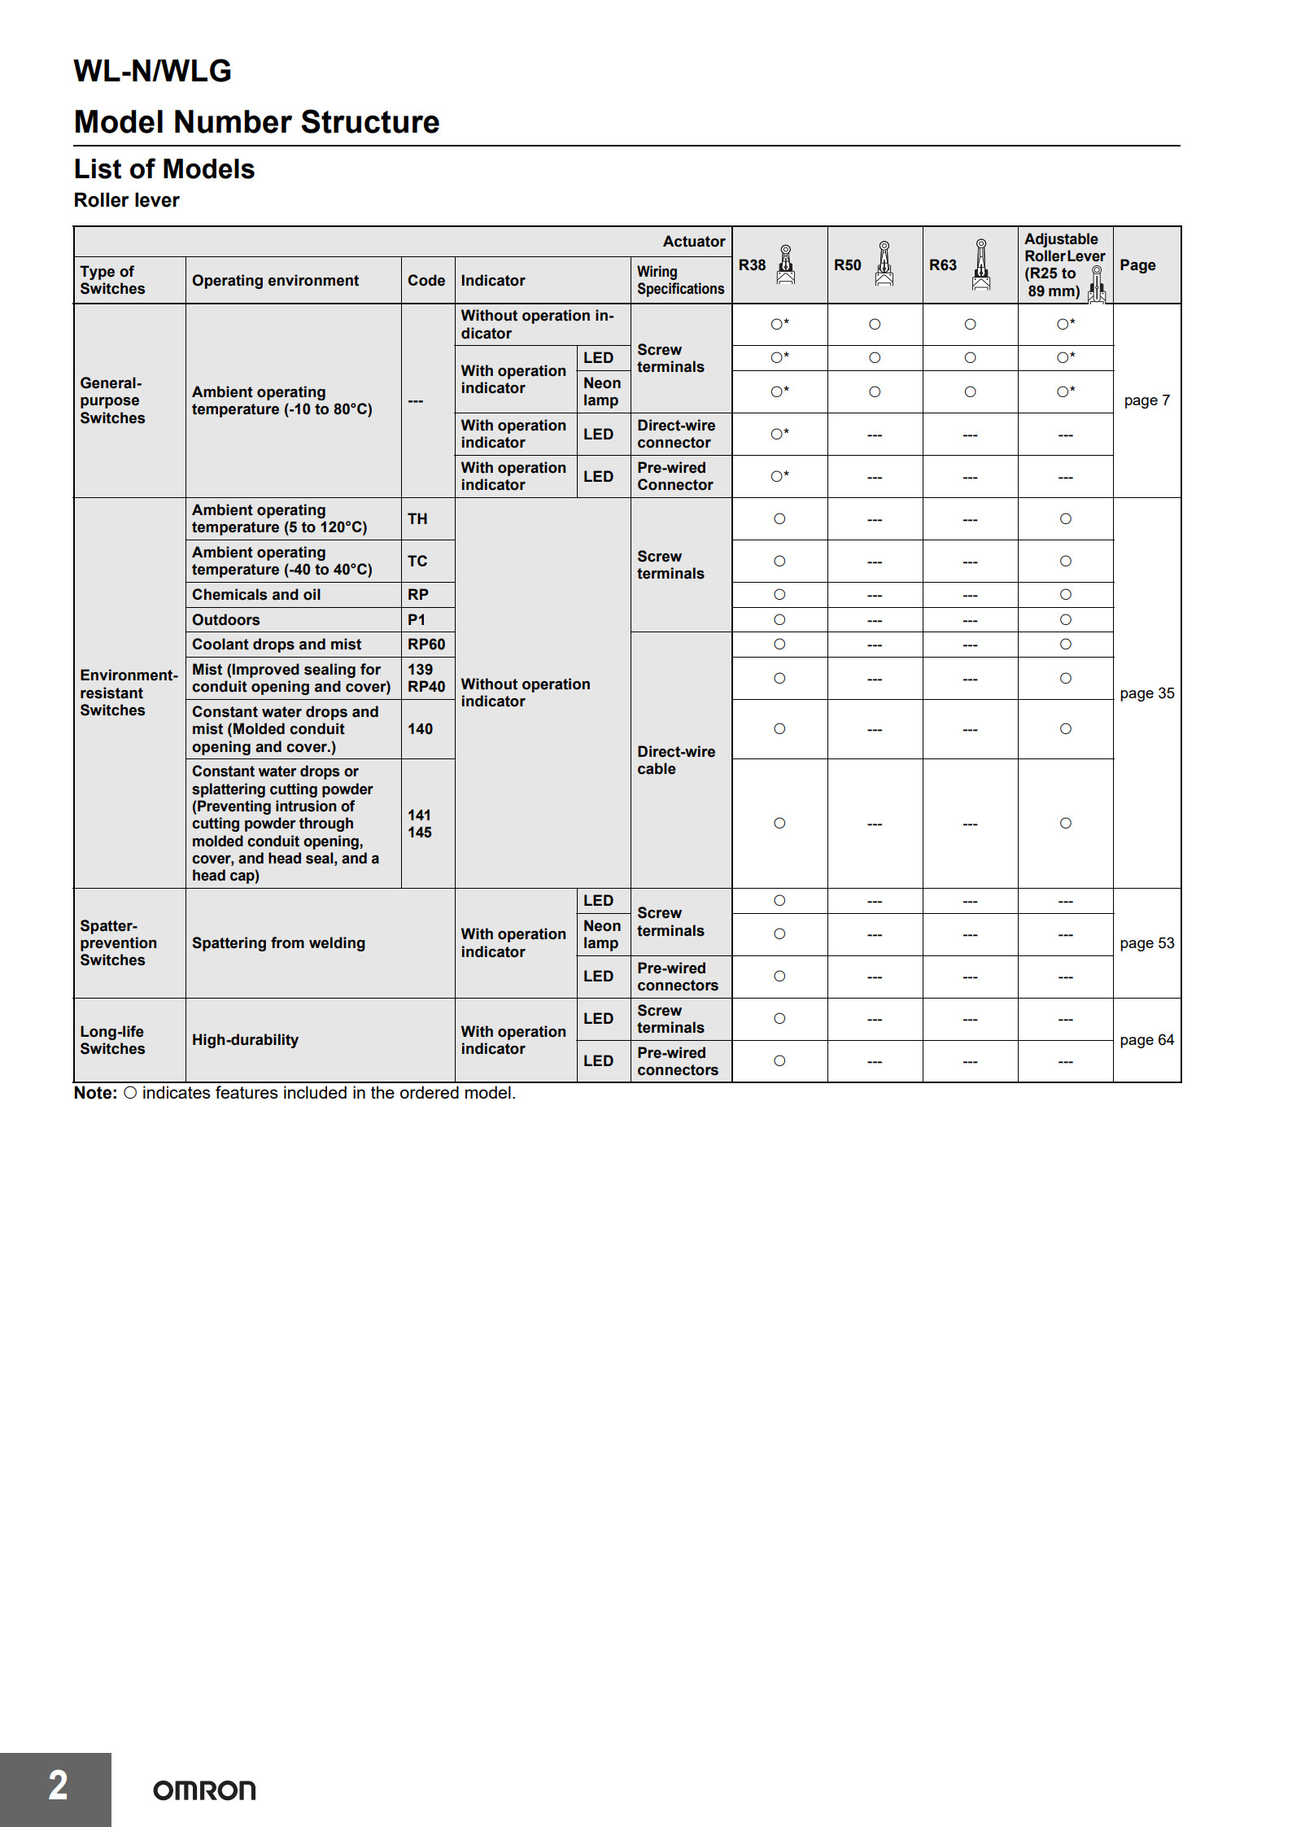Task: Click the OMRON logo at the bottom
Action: tap(204, 1790)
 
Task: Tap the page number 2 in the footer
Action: tap(58, 1785)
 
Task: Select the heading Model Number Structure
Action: tap(256, 122)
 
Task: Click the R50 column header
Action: tap(847, 265)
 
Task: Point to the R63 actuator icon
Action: tap(981, 265)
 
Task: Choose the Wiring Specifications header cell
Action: tap(680, 280)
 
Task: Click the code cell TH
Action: tap(417, 519)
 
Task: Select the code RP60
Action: tap(426, 645)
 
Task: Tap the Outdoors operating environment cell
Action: tap(226, 620)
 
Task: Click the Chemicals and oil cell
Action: tap(256, 595)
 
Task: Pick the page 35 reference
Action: tap(1146, 693)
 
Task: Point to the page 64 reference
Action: tap(1146, 1040)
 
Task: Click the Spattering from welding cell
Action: tap(278, 943)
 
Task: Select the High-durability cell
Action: tap(245, 1040)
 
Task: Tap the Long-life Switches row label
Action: tap(112, 1040)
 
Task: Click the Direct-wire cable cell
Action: tap(676, 760)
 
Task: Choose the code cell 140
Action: tap(420, 729)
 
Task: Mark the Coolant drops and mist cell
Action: tap(277, 645)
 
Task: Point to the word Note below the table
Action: tap(95, 1093)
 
